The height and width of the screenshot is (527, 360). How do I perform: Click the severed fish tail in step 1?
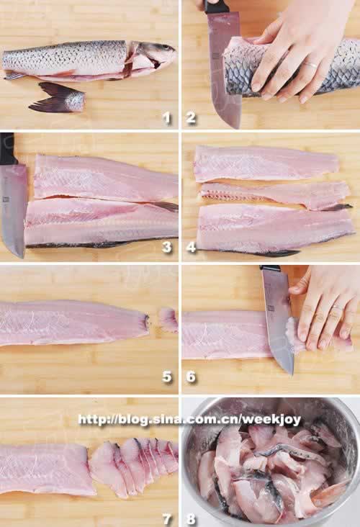pos(59,98)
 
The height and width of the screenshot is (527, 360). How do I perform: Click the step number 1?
pos(167,118)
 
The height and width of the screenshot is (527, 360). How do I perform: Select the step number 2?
pos(191,118)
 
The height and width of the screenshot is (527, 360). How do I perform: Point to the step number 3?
pos(167,248)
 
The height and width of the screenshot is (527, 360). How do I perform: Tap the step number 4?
pos(191,248)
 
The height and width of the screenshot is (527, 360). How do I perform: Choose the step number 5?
pos(167,377)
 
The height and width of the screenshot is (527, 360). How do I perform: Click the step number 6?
pos(191,377)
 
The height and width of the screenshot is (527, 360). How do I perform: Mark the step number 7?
pos(167,519)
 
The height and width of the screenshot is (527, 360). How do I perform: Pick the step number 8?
pos(191,519)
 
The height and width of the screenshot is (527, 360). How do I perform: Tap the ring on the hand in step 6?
pos(337,307)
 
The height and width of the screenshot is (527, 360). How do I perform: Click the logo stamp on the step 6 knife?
pos(271,308)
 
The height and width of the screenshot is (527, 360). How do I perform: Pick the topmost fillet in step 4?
pos(267,163)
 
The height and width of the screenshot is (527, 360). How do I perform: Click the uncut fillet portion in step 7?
pos(45,469)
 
